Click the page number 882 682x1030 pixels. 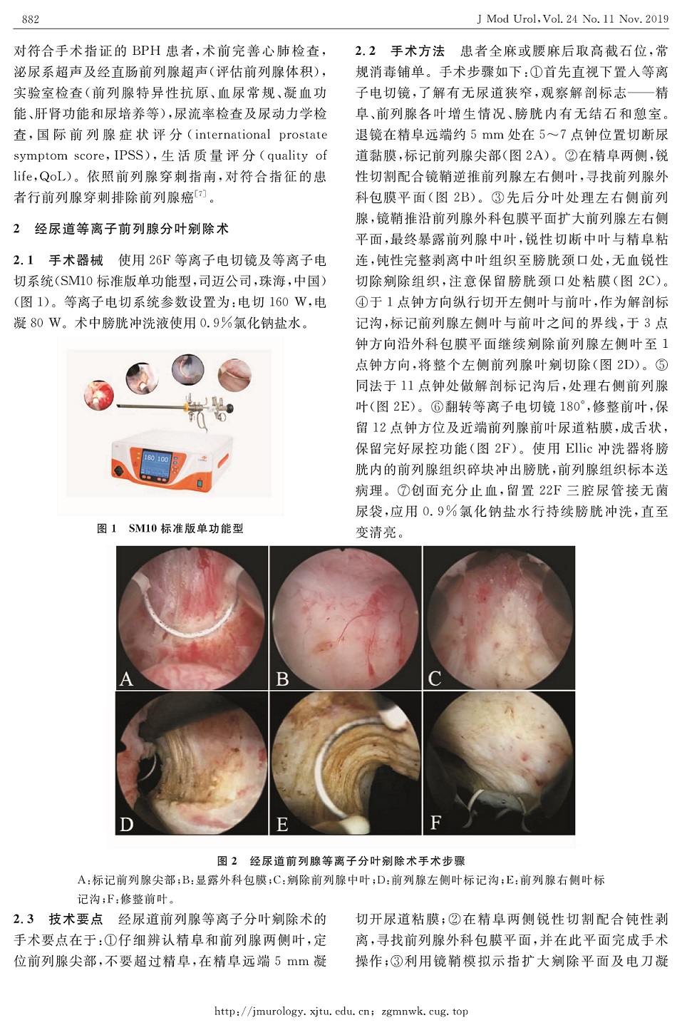point(31,19)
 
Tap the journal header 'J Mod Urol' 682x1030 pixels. point(507,19)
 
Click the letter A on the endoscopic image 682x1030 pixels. point(126,679)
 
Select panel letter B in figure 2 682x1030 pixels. point(282,679)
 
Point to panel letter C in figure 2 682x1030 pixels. point(434,679)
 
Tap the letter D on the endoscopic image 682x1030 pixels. point(126,825)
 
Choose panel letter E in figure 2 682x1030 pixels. point(281,825)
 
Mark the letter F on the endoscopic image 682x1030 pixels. point(435,822)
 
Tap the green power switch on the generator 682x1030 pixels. point(200,483)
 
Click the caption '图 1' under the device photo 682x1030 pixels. point(107,528)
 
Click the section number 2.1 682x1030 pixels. point(24,260)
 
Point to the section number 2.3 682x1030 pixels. point(24,920)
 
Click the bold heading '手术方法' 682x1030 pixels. point(418,51)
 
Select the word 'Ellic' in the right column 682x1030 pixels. point(582,448)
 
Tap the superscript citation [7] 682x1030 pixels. point(200,194)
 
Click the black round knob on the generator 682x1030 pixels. point(119,471)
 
